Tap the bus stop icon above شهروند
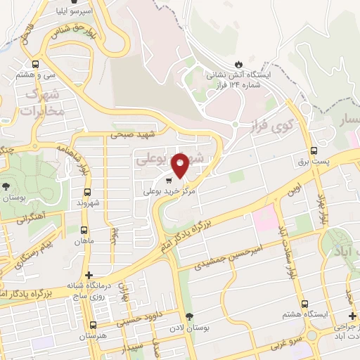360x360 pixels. tap(87, 192)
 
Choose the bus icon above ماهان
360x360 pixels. tap(84, 230)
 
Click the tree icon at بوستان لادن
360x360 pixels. tap(187, 316)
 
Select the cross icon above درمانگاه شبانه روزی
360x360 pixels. tap(89, 275)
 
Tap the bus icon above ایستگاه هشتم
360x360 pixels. tap(304, 304)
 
